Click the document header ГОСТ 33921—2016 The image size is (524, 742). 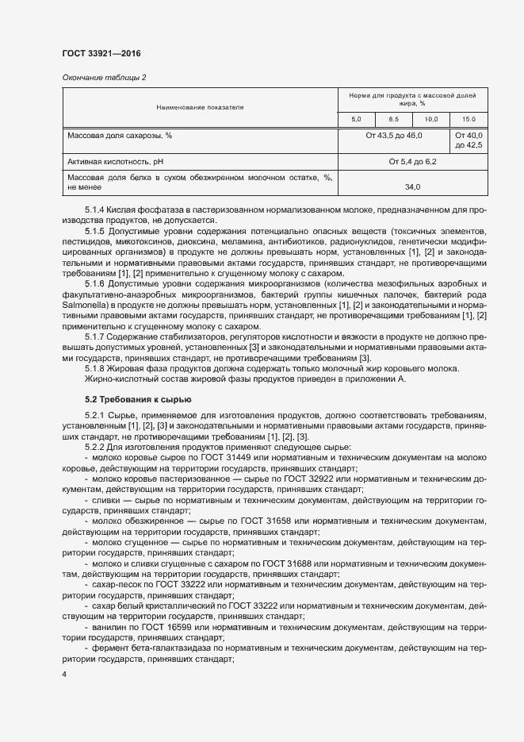pyautogui.click(x=101, y=54)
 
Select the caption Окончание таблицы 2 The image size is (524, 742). pyautogui.click(x=104, y=77)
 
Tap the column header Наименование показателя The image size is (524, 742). pyautogui.click(x=200, y=106)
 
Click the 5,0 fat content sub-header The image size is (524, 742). pyautogui.click(x=356, y=119)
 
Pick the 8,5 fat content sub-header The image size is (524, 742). pyautogui.click(x=393, y=119)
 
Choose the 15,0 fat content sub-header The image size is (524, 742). pyautogui.click(x=469, y=119)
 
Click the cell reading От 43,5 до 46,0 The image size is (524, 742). pyautogui.click(x=393, y=136)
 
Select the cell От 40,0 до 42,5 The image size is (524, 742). pyautogui.click(x=469, y=140)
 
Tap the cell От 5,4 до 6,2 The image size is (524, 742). pyautogui.click(x=412, y=162)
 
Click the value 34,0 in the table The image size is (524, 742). pyautogui.click(x=412, y=188)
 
